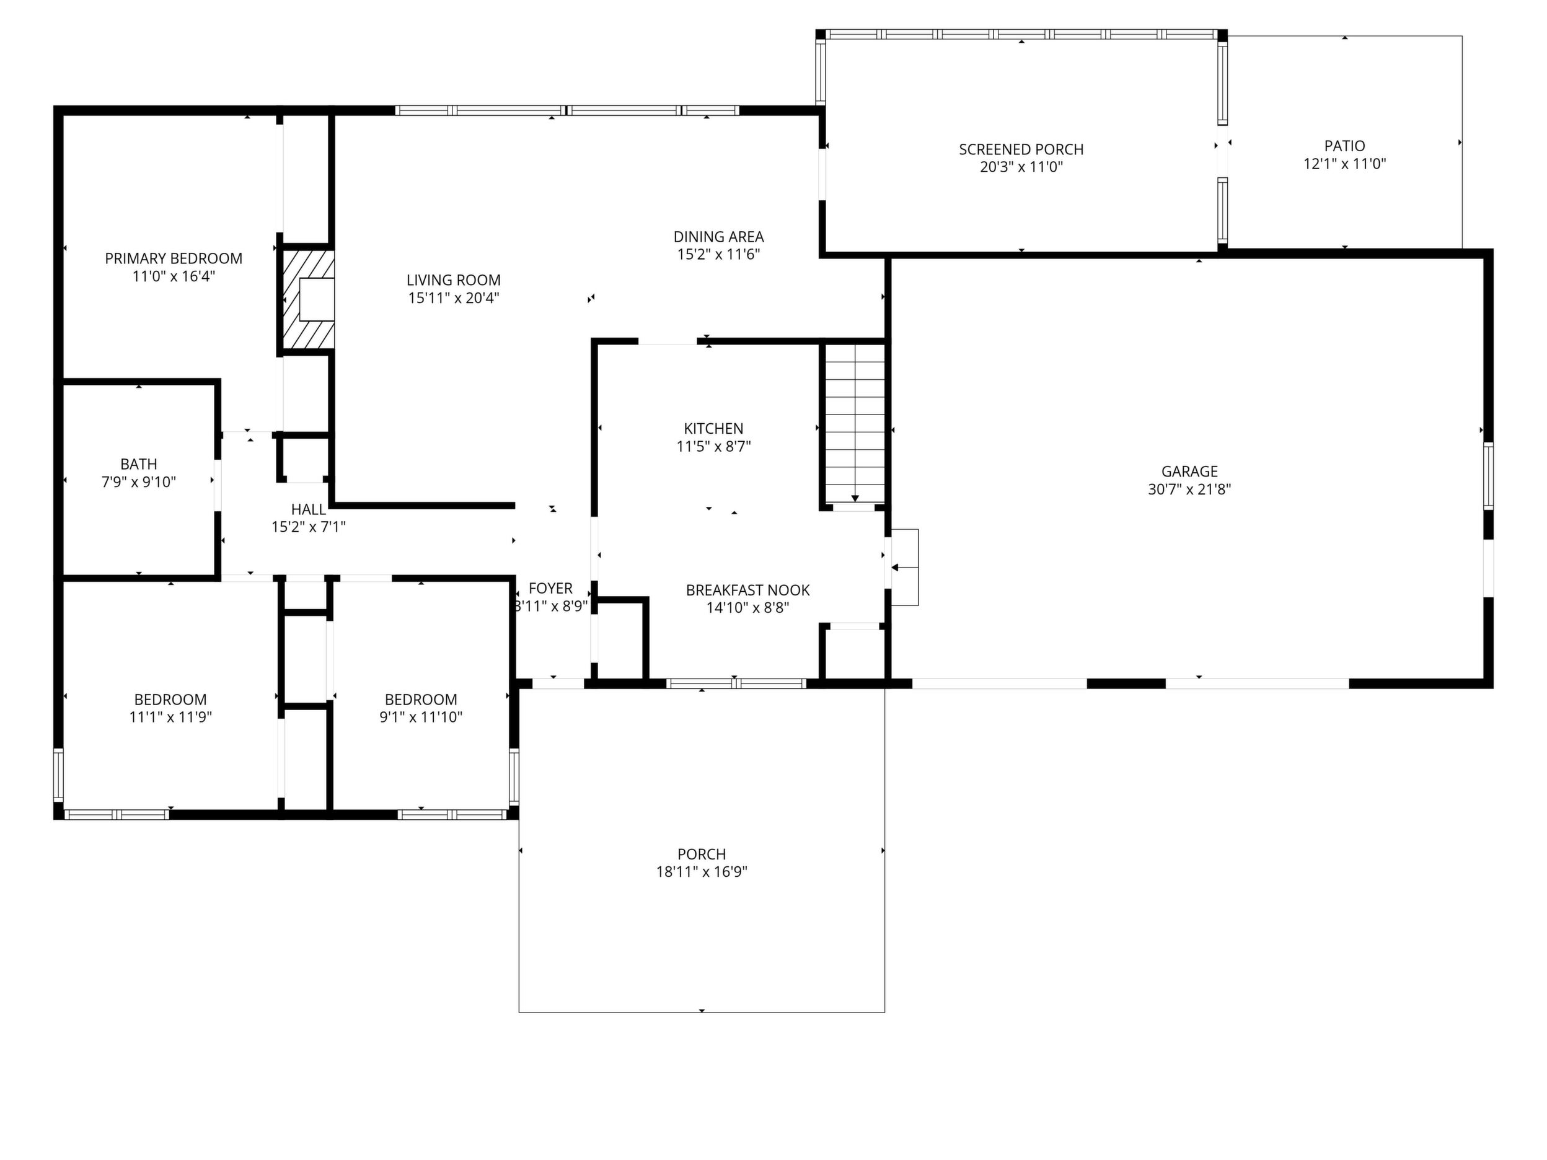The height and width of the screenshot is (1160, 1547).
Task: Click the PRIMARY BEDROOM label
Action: click(174, 259)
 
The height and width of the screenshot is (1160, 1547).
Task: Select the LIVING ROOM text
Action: click(453, 280)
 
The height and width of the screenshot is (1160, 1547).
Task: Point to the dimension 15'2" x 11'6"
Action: click(718, 255)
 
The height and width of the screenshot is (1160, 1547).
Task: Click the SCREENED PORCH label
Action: click(1021, 149)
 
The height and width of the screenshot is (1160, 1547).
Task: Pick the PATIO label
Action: click(1344, 146)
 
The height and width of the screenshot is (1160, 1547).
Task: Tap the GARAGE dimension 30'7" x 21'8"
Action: click(1189, 490)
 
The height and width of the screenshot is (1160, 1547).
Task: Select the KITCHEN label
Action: click(713, 429)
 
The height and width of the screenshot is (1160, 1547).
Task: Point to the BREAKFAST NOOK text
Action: click(747, 590)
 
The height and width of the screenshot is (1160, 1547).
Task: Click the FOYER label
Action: click(550, 589)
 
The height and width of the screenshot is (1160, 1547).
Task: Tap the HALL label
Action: click(309, 510)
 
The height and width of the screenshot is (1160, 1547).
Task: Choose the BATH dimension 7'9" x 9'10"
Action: click(138, 481)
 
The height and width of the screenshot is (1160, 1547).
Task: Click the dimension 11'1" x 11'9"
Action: click(170, 718)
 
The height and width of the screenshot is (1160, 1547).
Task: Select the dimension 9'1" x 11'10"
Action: click(421, 718)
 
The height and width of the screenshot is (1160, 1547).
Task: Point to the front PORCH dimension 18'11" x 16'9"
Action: click(702, 872)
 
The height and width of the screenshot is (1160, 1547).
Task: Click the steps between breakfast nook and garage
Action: click(904, 567)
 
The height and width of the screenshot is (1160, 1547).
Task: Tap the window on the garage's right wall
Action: click(1488, 475)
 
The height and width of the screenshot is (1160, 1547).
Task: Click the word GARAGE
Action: click(1189, 472)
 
